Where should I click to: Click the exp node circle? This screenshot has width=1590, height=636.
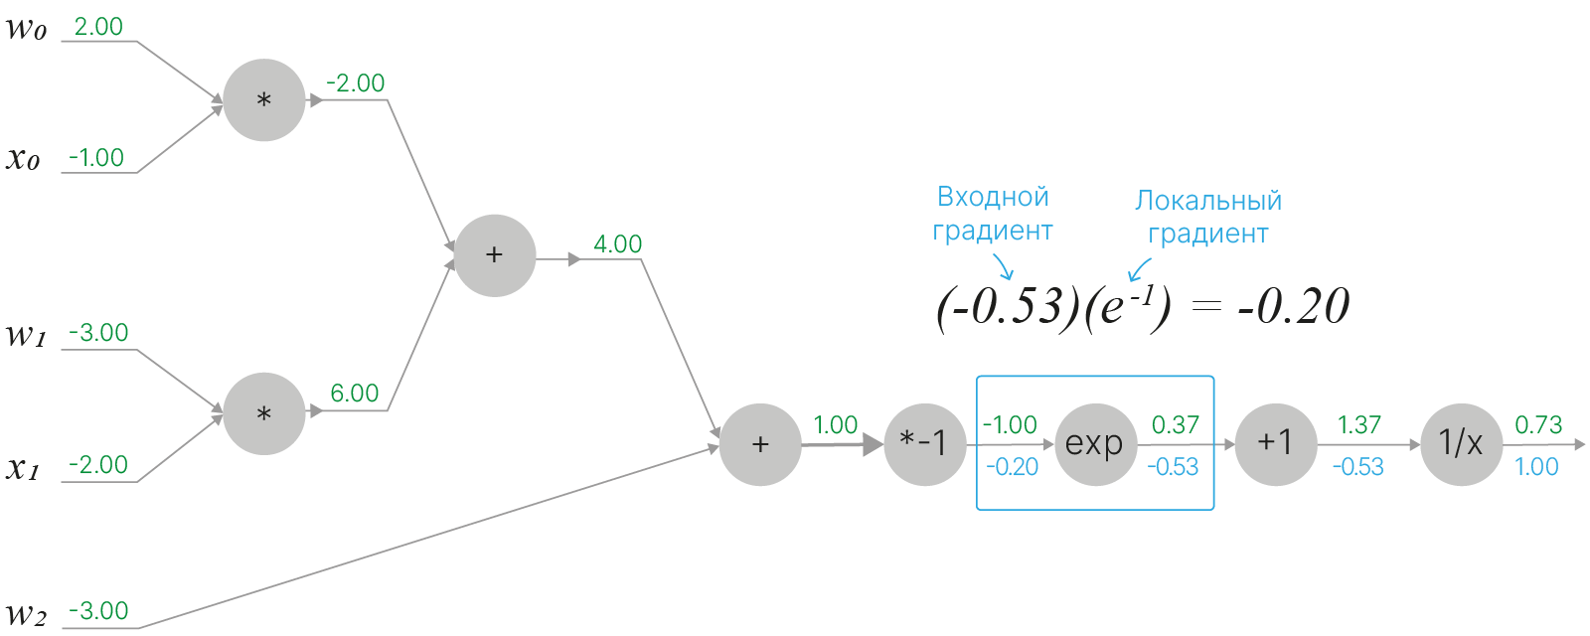click(1094, 445)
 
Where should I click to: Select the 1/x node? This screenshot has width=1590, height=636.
click(1461, 445)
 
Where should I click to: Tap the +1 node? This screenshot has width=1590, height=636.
click(1276, 445)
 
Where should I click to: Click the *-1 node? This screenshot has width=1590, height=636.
click(924, 445)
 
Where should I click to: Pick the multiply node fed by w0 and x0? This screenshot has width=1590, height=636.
click(263, 100)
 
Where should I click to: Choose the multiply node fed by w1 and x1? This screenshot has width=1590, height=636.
click(263, 413)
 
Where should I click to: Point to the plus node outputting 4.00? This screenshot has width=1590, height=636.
click(494, 255)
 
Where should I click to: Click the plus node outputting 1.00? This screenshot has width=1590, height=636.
click(760, 445)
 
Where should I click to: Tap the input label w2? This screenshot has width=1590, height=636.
click(27, 615)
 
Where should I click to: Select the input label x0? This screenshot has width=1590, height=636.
click(24, 159)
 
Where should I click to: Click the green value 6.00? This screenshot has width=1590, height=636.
click(355, 394)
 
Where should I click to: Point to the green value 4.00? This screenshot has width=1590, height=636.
click(617, 244)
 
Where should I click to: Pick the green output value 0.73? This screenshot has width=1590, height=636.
click(1538, 425)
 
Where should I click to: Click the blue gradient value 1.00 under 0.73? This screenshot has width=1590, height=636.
click(1536, 467)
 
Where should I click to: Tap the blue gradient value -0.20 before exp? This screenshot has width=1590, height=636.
click(1012, 467)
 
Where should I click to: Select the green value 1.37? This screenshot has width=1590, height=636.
click(1358, 425)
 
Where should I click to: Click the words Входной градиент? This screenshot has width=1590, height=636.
click(993, 214)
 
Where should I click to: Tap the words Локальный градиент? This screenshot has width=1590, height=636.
click(1208, 217)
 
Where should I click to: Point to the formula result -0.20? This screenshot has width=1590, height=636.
click(1293, 307)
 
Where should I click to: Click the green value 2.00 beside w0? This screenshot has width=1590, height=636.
click(98, 27)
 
